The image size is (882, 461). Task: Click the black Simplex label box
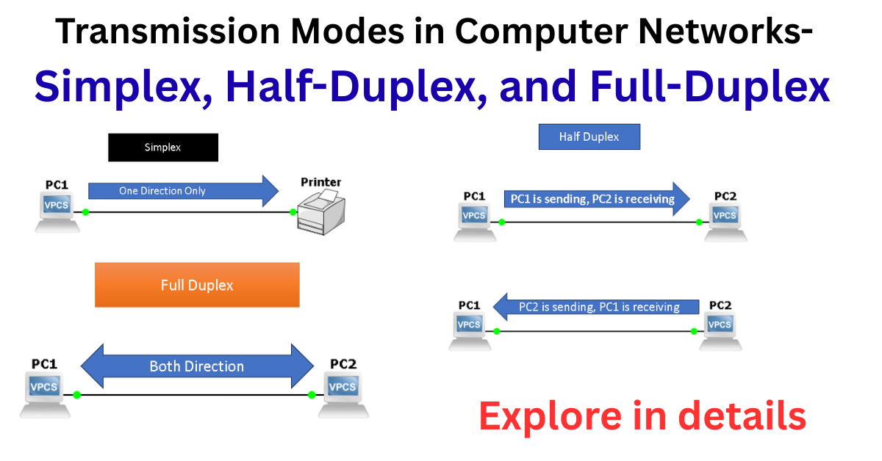click(162, 148)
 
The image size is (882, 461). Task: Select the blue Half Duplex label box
click(589, 137)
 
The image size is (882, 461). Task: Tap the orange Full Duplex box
click(197, 285)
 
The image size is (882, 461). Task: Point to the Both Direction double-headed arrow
click(196, 366)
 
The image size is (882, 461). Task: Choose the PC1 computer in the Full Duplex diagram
click(45, 393)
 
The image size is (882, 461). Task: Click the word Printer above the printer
click(321, 182)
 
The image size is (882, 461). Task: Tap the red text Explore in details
click(642, 416)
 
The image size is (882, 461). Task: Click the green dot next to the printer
click(293, 212)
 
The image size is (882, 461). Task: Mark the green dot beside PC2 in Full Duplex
click(312, 395)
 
